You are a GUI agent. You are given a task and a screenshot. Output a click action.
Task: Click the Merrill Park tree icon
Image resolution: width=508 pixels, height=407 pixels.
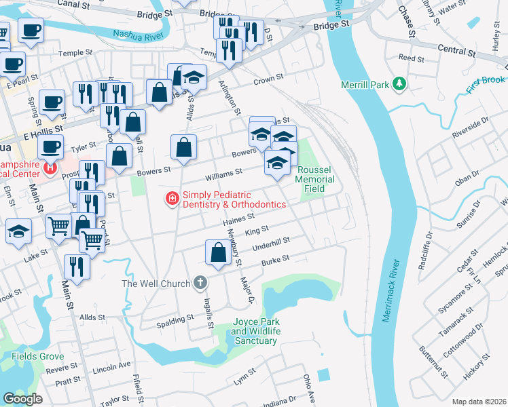tap(401, 85)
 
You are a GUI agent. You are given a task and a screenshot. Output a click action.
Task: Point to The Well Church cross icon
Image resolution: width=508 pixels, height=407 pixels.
tap(200, 283)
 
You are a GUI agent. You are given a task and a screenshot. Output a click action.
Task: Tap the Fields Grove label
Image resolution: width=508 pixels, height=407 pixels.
tap(37, 356)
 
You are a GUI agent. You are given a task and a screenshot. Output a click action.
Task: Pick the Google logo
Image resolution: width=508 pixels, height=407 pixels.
tap(22, 399)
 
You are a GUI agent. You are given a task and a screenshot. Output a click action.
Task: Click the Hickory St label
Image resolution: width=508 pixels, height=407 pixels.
tap(481, 370)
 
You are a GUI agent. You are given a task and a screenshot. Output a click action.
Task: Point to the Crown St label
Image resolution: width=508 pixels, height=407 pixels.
tap(268, 80)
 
